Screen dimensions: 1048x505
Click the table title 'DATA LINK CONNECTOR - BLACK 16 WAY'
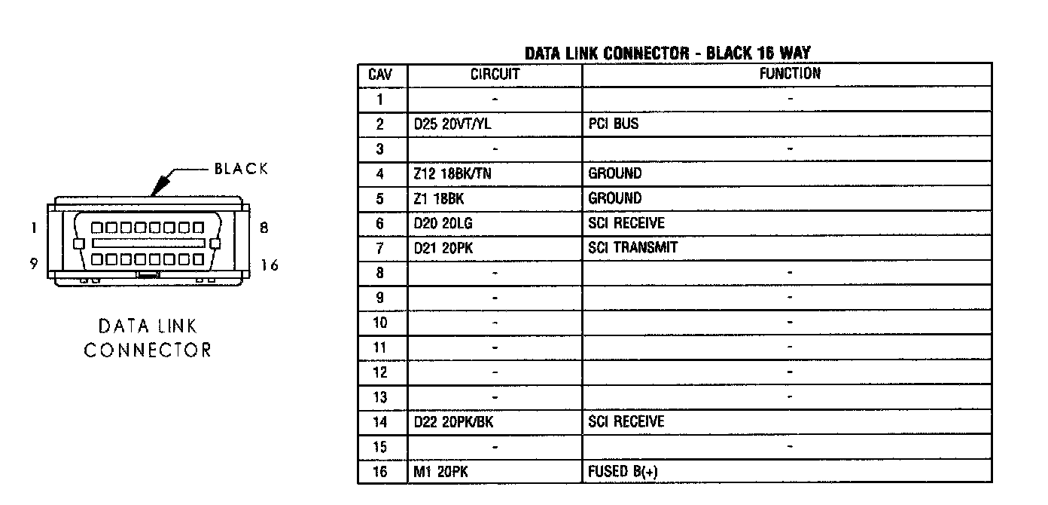tap(667, 53)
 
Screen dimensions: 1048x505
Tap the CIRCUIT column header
tap(495, 75)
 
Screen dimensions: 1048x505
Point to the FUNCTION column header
tap(789, 74)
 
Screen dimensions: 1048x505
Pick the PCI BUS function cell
tap(613, 124)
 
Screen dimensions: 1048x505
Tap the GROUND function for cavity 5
tap(614, 199)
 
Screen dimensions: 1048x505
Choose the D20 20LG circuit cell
tap(443, 224)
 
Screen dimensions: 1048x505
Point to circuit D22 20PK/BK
tap(454, 422)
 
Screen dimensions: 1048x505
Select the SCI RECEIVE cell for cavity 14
tap(626, 422)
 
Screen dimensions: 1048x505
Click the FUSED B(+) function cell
tap(626, 472)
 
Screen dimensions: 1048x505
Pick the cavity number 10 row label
tap(380, 323)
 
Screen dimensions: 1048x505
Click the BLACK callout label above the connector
tap(241, 169)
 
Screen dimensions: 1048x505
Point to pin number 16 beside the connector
tap(270, 265)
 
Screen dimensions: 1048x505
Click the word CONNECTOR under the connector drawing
tap(148, 350)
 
